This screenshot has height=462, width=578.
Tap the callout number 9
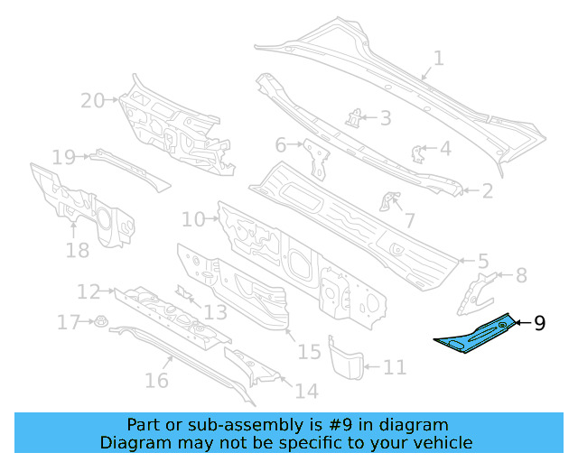(539, 323)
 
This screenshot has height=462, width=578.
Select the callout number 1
(438, 60)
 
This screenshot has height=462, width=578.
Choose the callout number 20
(93, 101)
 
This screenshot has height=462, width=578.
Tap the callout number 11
(395, 367)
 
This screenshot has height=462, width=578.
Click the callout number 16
(156, 381)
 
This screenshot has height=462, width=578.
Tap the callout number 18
(78, 249)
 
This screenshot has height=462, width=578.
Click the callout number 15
(309, 351)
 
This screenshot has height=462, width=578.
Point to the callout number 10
(193, 218)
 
